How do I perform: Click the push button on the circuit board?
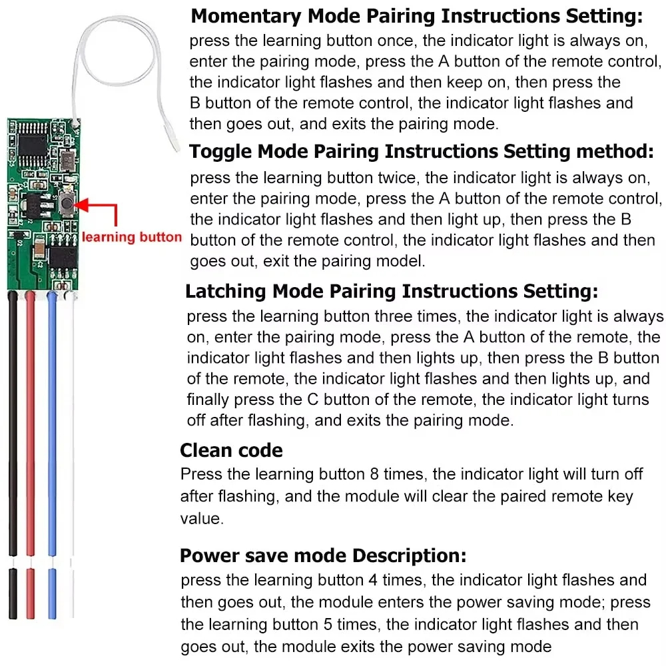(66, 203)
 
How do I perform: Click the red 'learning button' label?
(131, 237)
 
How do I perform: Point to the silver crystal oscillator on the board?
(65, 159)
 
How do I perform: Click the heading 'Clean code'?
(231, 451)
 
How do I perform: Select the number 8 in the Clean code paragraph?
(376, 474)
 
